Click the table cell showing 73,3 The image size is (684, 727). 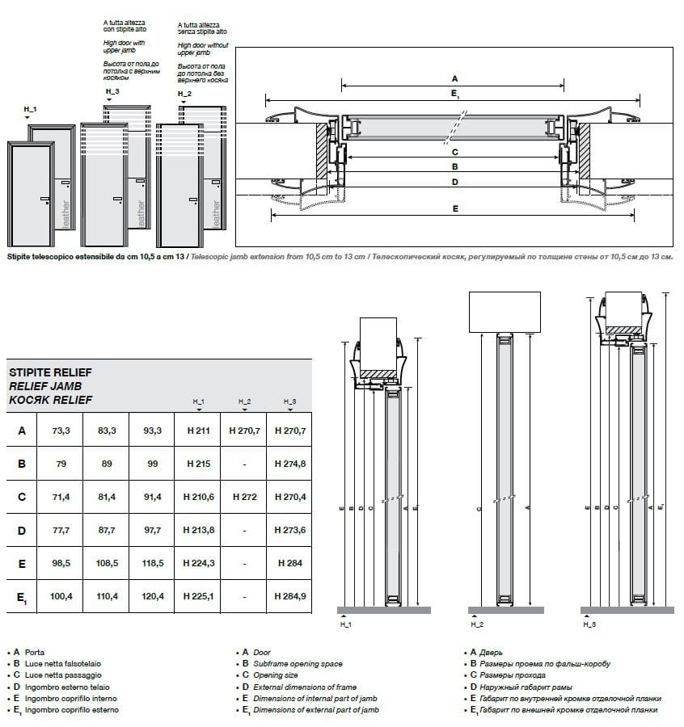61,431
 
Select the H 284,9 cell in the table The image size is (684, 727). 289,597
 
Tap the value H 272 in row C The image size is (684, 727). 244,497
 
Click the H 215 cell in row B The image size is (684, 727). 197,464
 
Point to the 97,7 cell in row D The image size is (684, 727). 152,530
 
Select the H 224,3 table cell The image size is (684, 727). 197,563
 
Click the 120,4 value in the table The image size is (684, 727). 152,597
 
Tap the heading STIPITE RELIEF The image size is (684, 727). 49,372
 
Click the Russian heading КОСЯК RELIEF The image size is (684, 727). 49,400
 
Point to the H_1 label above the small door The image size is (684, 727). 30,108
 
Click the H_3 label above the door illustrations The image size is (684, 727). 112,92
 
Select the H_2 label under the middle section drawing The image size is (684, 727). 476,624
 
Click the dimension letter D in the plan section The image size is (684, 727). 455,182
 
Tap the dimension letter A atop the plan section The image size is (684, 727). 454,78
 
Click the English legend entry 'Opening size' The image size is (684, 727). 274,674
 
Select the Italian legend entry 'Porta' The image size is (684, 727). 35,652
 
